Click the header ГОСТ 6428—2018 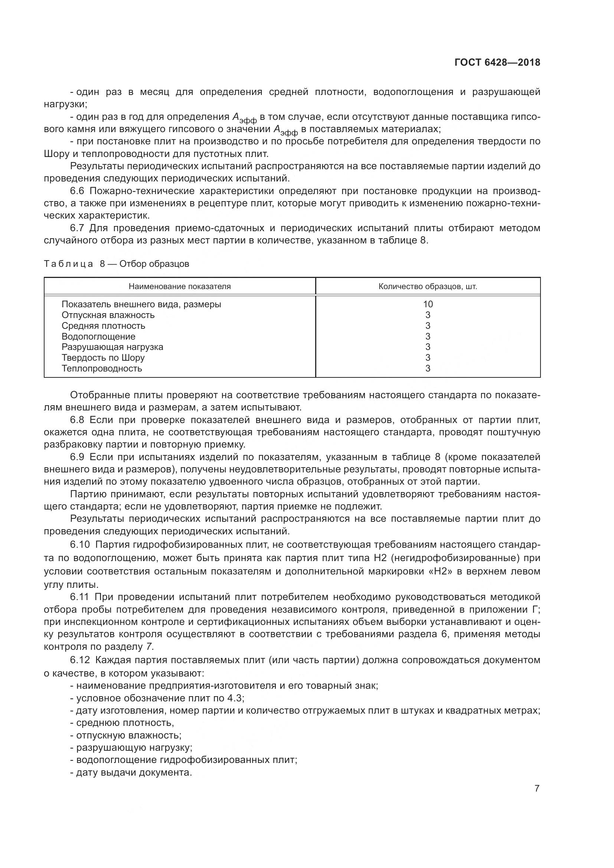(497, 63)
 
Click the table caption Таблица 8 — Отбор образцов (117, 264)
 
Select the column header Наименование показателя (180, 286)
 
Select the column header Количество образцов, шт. (428, 286)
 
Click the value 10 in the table (428, 304)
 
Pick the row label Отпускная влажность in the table (108, 315)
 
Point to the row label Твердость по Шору (103, 358)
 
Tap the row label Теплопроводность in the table (102, 368)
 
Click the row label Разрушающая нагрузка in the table (112, 347)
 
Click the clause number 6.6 (78, 191)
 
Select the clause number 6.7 (78, 228)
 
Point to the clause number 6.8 (78, 420)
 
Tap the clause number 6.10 (80, 545)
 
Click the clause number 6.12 (80, 660)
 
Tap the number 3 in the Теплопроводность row (428, 368)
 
